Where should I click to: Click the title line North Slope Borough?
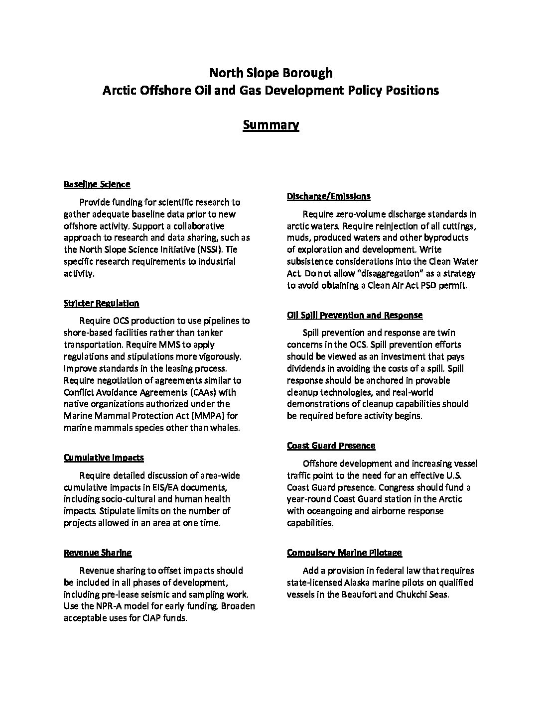point(271,73)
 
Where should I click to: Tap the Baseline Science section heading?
point(97,184)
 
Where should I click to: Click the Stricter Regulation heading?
point(101,303)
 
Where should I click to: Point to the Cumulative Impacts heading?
point(104,458)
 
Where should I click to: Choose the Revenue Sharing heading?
point(98,553)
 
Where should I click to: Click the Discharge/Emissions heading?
point(328,196)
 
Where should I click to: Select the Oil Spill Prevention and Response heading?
point(354,315)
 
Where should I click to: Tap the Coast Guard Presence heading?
point(331,446)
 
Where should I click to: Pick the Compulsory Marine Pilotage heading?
point(344,553)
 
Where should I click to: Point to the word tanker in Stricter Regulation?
point(210,333)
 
